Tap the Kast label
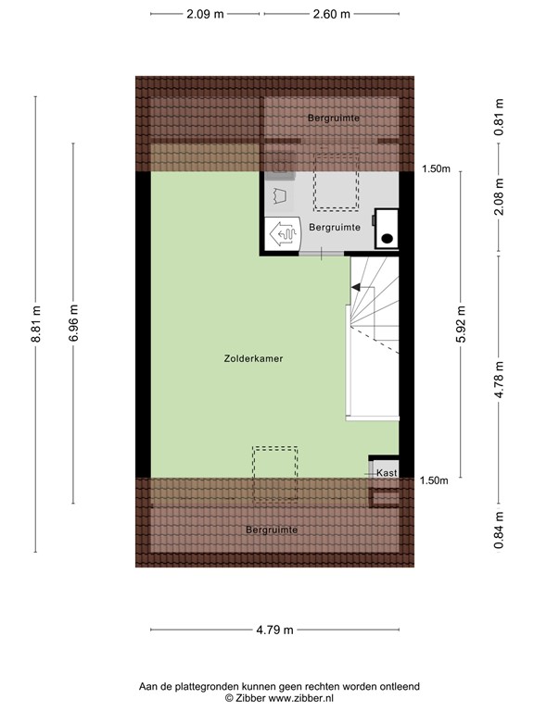[x=388, y=473]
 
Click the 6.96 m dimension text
[x=74, y=325]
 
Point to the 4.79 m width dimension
[x=275, y=630]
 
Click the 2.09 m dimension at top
[x=205, y=14]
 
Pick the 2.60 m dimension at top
[x=332, y=14]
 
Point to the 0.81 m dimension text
[x=500, y=118]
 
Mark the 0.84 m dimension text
[x=500, y=530]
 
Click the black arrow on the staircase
[x=356, y=289]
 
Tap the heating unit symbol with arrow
[x=280, y=233]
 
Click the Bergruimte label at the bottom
[x=272, y=530]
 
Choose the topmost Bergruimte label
[x=334, y=118]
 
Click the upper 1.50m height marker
[x=435, y=168]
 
